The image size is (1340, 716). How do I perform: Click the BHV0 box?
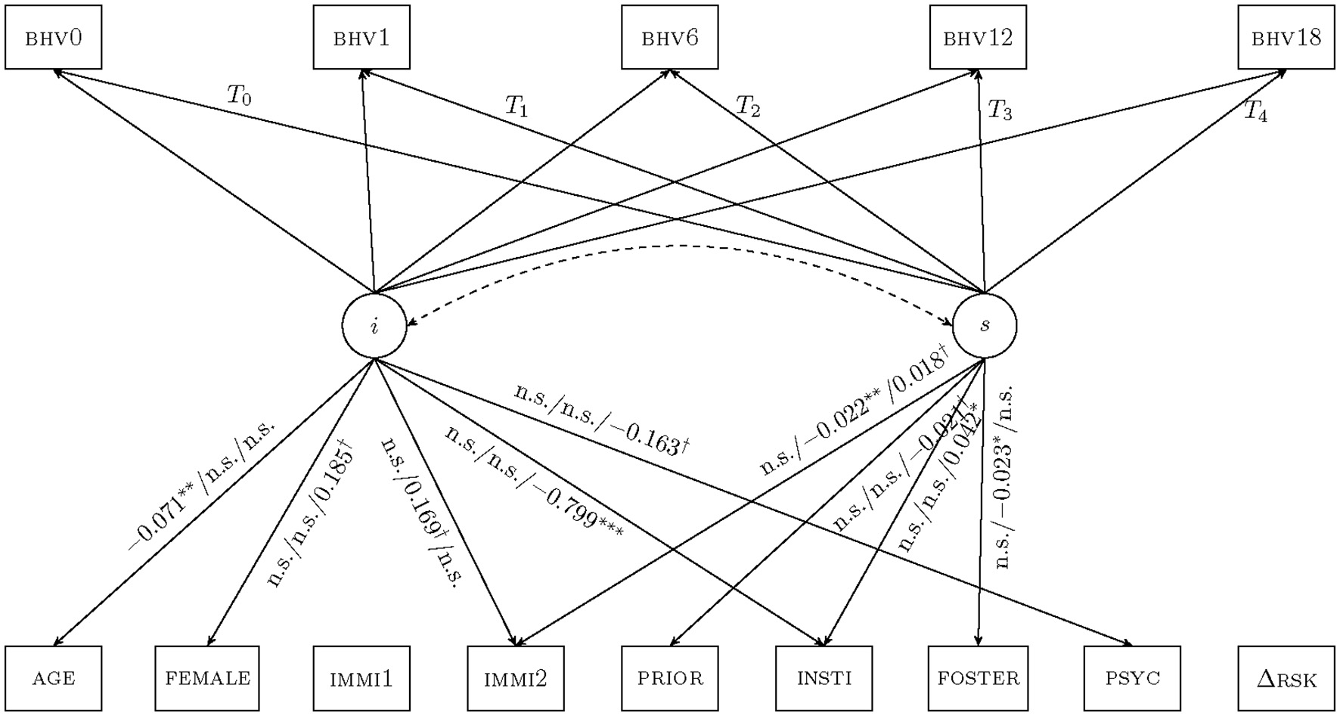point(54,38)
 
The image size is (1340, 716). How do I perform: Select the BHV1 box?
point(361,38)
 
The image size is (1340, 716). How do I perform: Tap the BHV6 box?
point(670,38)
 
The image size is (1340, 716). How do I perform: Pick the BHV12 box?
point(978,38)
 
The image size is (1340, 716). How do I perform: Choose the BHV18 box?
point(1286,38)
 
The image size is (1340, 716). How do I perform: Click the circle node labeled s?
point(985,326)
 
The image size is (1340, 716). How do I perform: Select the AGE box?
point(54,678)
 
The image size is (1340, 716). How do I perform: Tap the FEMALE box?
point(207,678)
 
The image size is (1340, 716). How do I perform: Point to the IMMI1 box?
point(361,678)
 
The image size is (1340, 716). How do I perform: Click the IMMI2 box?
point(516,678)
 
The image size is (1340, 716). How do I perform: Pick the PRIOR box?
point(670,678)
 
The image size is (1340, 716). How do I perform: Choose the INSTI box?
point(824,678)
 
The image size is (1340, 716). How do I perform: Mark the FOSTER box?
point(979,678)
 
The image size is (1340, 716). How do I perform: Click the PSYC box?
point(1132,678)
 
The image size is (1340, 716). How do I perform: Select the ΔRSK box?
point(1286,678)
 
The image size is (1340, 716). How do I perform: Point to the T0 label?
point(239,95)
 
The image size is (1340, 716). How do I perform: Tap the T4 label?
point(1255,112)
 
